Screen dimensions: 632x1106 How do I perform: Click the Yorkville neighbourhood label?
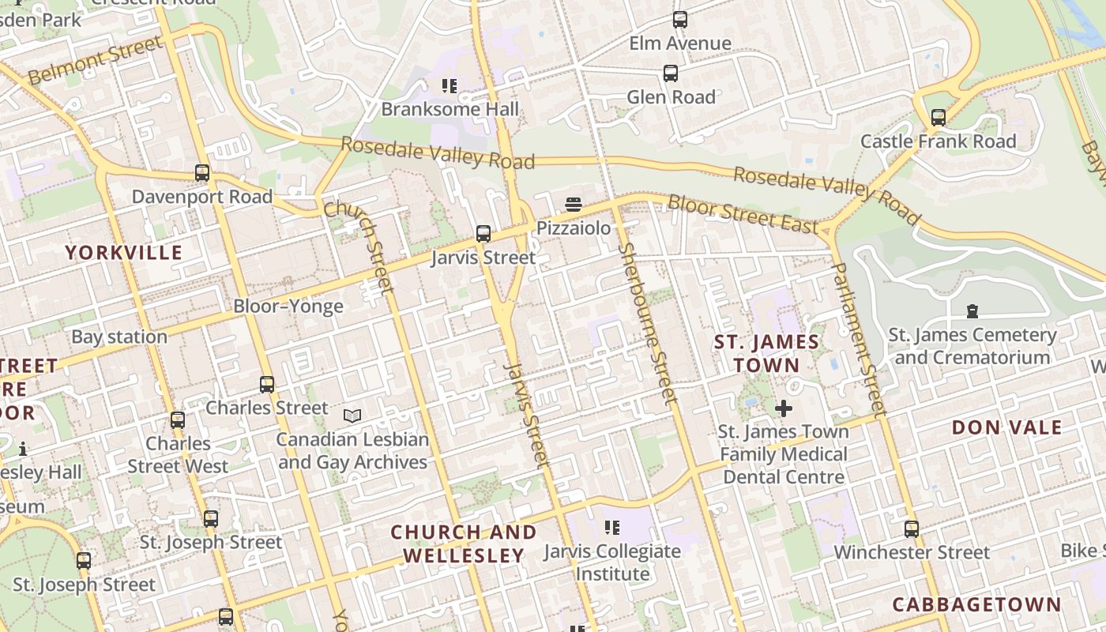pos(123,253)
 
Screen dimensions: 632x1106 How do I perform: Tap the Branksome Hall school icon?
pos(450,85)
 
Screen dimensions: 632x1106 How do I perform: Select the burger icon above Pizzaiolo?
pos(574,205)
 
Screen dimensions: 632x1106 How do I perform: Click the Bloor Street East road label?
pos(743,213)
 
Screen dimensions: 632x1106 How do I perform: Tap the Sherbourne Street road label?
pos(647,323)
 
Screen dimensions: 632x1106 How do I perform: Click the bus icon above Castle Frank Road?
pos(938,118)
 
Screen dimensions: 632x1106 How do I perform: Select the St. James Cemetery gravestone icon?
pos(972,311)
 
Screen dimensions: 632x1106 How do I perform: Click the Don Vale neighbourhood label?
pos(1006,427)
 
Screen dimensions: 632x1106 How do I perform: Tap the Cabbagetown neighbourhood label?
pos(976,604)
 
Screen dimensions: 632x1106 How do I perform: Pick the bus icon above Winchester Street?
pos(912,529)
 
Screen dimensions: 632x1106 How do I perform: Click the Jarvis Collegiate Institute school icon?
pos(611,527)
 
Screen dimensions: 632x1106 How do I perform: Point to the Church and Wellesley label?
pos(464,544)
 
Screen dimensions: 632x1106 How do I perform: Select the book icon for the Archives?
pos(352,416)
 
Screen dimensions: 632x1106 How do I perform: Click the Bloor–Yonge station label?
pos(288,307)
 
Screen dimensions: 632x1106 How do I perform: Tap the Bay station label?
pos(119,337)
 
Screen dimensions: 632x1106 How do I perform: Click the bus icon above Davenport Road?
pos(202,173)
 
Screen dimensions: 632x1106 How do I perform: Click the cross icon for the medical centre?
pos(783,408)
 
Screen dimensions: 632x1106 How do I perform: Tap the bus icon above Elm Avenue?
pos(679,20)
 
